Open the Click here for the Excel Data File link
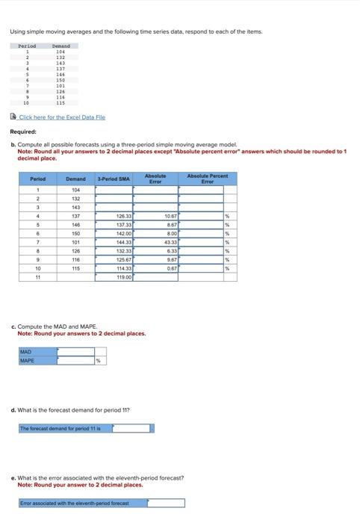point(61,117)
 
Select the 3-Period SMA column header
point(114,179)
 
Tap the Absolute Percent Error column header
point(207,179)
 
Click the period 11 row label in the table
point(37,277)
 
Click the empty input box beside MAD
point(73,352)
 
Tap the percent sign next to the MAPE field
point(98,361)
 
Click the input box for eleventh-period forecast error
point(163,504)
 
